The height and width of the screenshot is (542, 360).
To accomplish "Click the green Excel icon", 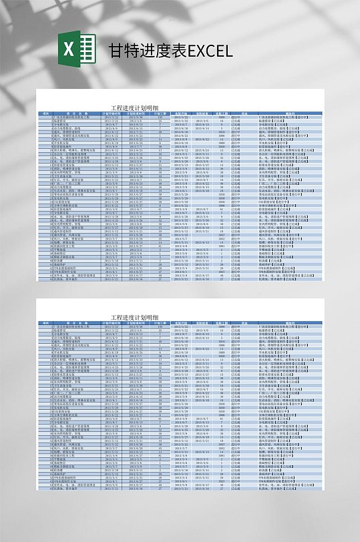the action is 72,51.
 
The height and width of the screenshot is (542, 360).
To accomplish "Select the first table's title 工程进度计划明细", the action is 136,107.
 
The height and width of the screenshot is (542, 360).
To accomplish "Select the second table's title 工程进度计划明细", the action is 136,317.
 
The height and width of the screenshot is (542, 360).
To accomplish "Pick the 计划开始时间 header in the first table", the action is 111,113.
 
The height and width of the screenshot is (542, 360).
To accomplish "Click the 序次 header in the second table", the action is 46,323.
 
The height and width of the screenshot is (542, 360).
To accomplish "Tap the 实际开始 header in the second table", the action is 181,323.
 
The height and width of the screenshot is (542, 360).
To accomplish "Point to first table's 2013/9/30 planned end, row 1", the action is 136,117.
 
